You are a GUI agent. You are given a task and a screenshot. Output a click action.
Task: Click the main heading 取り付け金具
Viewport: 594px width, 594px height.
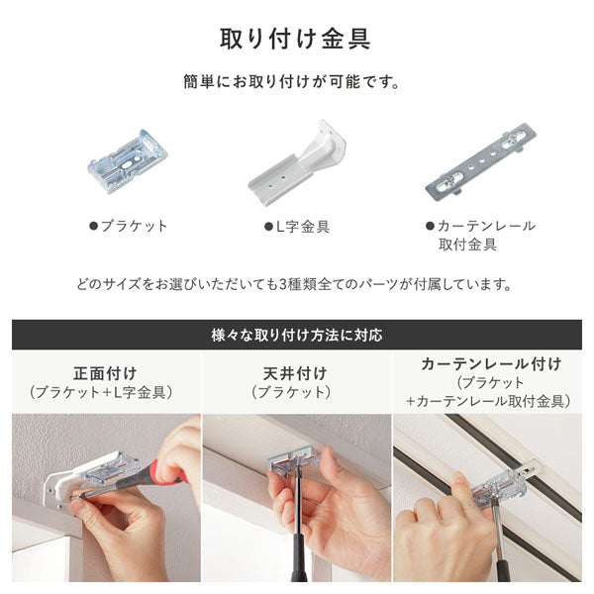tap(296, 40)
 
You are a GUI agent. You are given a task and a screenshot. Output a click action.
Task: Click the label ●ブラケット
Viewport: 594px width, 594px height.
tap(129, 226)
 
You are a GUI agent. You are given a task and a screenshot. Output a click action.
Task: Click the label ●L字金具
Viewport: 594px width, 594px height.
tap(296, 226)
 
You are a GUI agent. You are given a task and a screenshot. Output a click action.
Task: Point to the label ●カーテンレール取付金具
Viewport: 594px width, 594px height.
tap(480, 235)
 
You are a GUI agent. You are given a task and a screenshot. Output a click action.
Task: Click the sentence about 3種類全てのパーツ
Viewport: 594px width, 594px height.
tap(296, 284)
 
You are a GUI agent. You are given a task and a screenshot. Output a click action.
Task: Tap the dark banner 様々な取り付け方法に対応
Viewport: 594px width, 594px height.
tap(296, 335)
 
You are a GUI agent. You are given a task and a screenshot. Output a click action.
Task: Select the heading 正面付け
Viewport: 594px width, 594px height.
tap(102, 373)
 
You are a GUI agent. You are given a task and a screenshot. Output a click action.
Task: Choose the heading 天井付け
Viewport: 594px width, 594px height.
tap(297, 373)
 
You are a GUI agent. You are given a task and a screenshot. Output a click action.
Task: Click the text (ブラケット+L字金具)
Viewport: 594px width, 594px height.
tap(102, 393)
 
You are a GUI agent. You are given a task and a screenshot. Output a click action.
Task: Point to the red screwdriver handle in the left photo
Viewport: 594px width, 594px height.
tap(166, 474)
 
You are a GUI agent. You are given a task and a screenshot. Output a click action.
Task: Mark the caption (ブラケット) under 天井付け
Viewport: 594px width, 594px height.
tap(297, 393)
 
